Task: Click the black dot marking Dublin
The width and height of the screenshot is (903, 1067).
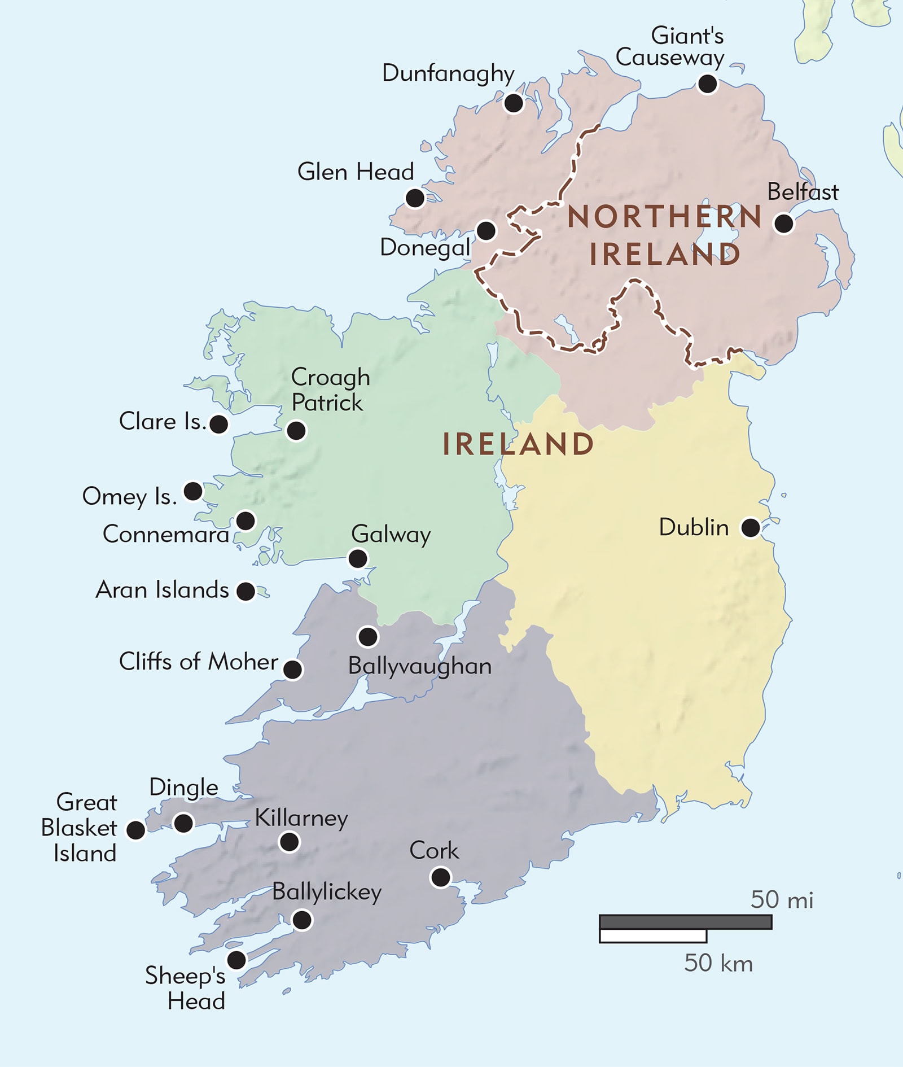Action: (x=751, y=528)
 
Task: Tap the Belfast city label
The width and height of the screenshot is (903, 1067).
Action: (x=803, y=192)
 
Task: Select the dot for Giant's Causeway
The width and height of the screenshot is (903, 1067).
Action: (x=707, y=84)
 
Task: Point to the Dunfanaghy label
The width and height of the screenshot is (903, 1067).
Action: (x=448, y=73)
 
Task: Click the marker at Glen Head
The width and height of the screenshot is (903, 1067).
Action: (x=415, y=198)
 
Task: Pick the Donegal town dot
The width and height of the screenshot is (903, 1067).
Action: (x=486, y=230)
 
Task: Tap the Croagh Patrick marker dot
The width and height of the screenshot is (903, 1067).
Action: (x=296, y=431)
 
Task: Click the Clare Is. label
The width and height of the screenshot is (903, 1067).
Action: (x=163, y=422)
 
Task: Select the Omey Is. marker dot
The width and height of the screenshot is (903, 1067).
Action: (x=193, y=491)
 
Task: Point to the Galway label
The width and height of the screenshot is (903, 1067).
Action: (x=391, y=534)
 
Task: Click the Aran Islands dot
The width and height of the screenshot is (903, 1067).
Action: (x=246, y=591)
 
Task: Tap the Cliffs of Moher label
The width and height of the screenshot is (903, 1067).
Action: (x=198, y=662)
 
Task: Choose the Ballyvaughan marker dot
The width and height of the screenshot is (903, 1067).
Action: (x=368, y=637)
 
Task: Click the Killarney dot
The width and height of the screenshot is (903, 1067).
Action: (x=290, y=842)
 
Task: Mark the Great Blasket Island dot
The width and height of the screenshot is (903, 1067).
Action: (x=135, y=830)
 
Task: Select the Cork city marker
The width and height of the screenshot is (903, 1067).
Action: (x=441, y=877)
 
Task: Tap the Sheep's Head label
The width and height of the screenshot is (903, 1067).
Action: (x=186, y=988)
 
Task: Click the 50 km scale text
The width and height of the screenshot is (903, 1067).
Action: (x=718, y=963)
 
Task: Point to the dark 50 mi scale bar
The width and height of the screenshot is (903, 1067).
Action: (x=685, y=922)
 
